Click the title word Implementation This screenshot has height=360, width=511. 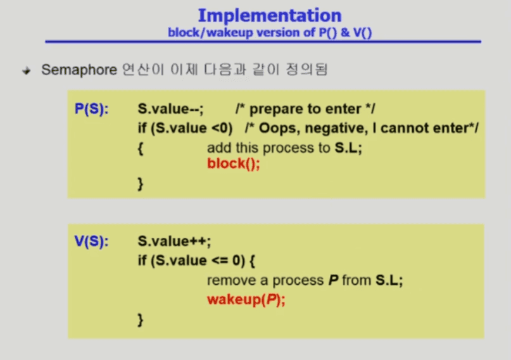(270, 16)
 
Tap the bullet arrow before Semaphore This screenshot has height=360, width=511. (27, 70)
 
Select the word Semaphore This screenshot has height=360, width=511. (79, 70)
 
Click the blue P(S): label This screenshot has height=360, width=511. (92, 109)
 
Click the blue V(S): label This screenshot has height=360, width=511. (92, 241)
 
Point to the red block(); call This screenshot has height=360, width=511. (234, 163)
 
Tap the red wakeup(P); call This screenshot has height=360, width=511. (246, 299)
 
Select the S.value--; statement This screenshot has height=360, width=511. (170, 109)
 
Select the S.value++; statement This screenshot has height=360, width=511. (174, 241)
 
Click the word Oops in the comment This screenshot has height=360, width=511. (279, 128)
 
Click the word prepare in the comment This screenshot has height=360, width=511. (273, 109)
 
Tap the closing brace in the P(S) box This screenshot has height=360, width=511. (141, 184)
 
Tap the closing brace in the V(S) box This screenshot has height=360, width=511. (141, 320)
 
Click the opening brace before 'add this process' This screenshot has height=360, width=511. (141, 149)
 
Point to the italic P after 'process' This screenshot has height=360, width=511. (333, 280)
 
